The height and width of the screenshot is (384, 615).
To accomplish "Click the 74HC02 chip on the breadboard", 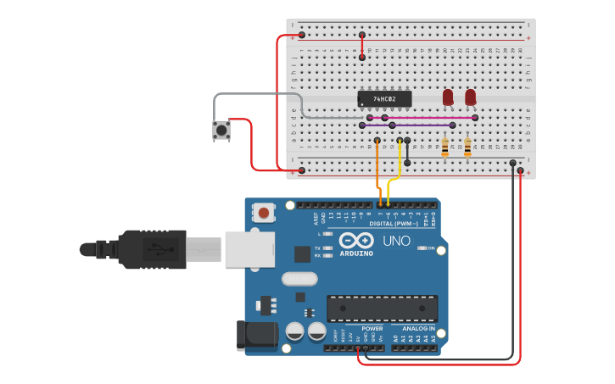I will (x=384, y=98).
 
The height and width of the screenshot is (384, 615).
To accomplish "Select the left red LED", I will (x=448, y=97).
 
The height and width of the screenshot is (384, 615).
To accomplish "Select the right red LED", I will (x=471, y=97).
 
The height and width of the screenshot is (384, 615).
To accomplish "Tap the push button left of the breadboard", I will (x=221, y=131).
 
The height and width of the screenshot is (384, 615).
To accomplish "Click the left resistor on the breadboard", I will (x=445, y=148).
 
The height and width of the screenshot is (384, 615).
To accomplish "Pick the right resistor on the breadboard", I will (x=467, y=148).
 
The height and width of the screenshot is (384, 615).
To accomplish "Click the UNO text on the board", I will (x=396, y=242).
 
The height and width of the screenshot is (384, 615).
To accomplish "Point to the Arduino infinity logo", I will (x=356, y=240).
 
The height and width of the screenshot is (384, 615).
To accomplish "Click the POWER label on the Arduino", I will (x=372, y=328).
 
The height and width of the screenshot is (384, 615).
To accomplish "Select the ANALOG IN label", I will (x=418, y=328).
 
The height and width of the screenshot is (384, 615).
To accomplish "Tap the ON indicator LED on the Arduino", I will (x=420, y=248).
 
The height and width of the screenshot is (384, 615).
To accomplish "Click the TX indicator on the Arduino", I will (x=328, y=248).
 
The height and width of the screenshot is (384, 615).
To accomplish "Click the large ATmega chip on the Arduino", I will (x=383, y=309).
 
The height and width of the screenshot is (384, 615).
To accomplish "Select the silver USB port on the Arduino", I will (x=249, y=249).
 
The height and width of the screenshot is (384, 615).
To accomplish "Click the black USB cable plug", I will (x=153, y=249).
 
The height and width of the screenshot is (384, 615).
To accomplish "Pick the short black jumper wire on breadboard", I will (x=407, y=151).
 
